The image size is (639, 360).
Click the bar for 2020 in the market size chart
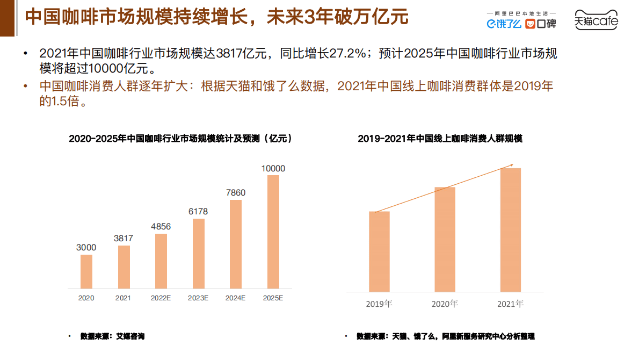[x=86, y=271]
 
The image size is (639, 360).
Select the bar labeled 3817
[x=124, y=267]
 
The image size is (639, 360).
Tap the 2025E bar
[x=273, y=232]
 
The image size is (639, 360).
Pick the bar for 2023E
[x=199, y=253]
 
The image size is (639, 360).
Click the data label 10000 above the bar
[x=273, y=169]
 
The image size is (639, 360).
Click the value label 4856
[x=161, y=226]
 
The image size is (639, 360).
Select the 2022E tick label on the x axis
[x=161, y=298]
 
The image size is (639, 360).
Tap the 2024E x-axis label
[x=236, y=298]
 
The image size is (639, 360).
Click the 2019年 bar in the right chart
[x=379, y=251]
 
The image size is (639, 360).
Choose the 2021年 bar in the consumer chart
[x=510, y=230]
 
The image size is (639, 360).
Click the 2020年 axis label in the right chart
[x=445, y=304]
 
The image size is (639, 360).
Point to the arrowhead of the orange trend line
[x=512, y=165]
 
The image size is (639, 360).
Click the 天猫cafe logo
[x=596, y=20]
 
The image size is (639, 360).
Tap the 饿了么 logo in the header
[x=504, y=24]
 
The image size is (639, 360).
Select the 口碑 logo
[x=540, y=24]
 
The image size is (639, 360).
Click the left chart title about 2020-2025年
[x=180, y=139]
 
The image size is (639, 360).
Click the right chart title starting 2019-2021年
[x=440, y=139]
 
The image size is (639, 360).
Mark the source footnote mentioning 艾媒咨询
[x=112, y=336]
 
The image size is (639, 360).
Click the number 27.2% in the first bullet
[x=349, y=54]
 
